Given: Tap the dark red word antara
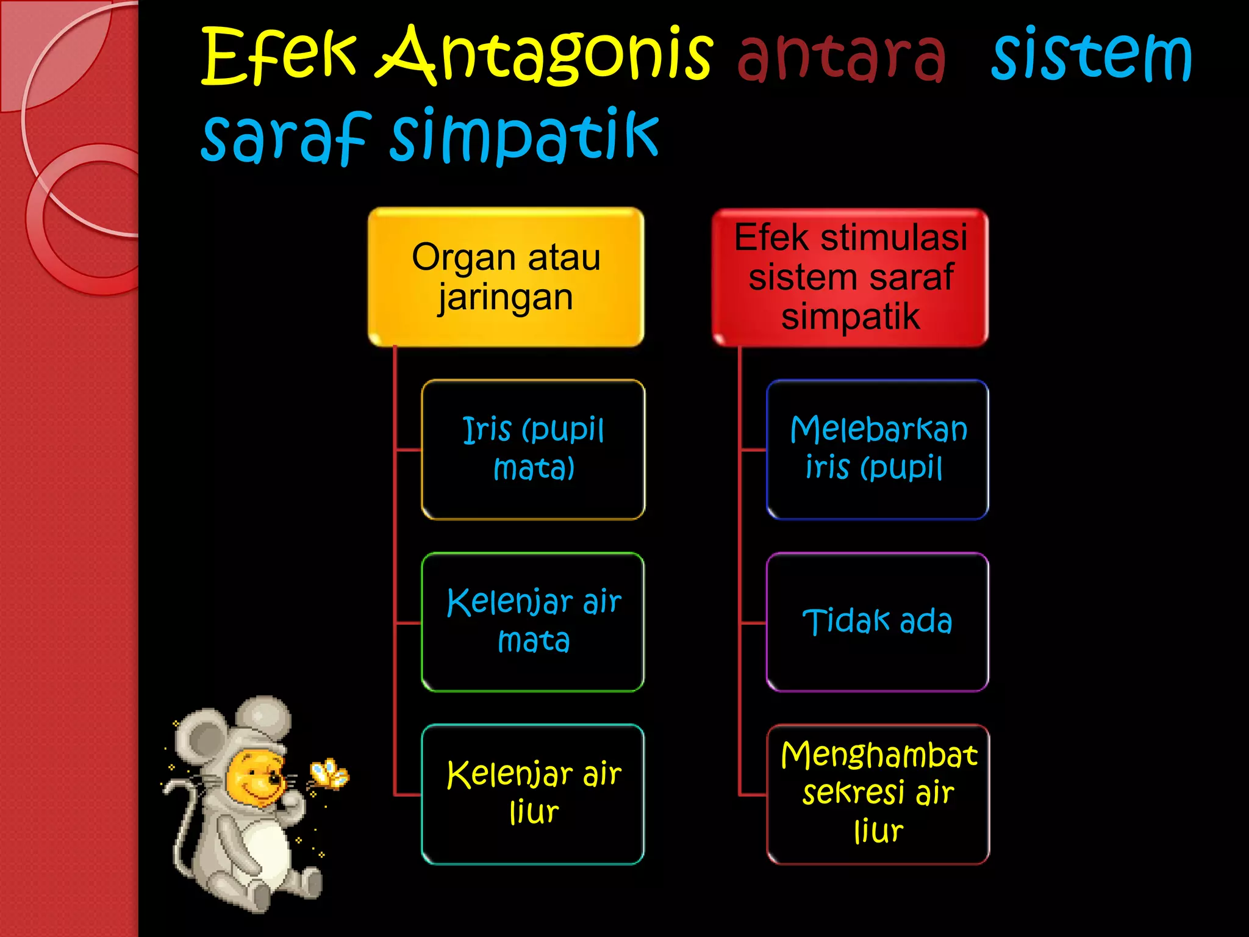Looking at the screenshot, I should (x=842, y=56).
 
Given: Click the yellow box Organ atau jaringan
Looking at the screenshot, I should (x=506, y=277).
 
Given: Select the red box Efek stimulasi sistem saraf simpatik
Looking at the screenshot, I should (x=850, y=277).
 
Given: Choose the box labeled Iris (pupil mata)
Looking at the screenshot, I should (x=533, y=449).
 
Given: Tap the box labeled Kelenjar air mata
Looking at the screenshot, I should (x=533, y=622).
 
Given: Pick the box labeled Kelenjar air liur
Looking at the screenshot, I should (x=533, y=794).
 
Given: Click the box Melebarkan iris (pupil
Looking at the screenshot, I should (x=878, y=449).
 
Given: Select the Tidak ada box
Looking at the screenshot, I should (x=878, y=622).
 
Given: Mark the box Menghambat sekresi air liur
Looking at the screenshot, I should (x=878, y=794).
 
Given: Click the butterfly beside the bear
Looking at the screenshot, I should (x=329, y=774).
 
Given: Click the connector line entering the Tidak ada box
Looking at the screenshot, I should (x=753, y=623).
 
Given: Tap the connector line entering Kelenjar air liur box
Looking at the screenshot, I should (x=408, y=795).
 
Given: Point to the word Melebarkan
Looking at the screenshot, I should (x=878, y=429).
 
